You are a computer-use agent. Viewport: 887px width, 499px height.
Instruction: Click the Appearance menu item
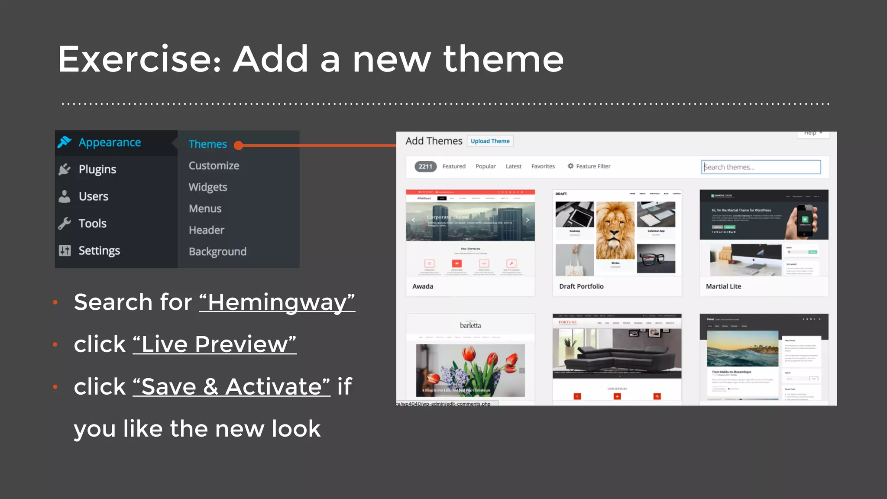point(109,143)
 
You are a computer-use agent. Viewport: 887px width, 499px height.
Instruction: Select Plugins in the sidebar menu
point(97,169)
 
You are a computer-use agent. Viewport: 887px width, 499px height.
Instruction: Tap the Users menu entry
point(93,197)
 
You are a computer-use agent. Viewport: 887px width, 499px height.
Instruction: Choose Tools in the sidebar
point(92,224)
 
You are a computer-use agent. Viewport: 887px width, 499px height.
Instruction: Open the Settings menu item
point(99,251)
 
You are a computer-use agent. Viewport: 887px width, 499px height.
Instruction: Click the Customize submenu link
point(214,166)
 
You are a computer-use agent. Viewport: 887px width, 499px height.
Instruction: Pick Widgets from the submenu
point(207,187)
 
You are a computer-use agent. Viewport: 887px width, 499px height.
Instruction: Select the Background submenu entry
point(217,252)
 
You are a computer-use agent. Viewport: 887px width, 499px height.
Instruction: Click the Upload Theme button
point(490,141)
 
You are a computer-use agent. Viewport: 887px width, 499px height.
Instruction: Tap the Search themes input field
point(761,167)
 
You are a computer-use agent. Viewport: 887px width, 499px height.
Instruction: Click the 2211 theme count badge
point(425,166)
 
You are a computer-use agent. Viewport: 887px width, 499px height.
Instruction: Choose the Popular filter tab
point(486,166)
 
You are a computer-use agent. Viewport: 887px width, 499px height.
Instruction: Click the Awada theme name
point(423,286)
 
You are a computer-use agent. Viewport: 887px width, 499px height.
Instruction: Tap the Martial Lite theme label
point(723,286)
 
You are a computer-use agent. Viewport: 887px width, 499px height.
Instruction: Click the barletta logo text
point(470,325)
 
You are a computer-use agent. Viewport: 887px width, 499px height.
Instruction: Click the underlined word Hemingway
point(277,302)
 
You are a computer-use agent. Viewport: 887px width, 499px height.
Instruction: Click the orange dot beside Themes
point(238,146)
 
